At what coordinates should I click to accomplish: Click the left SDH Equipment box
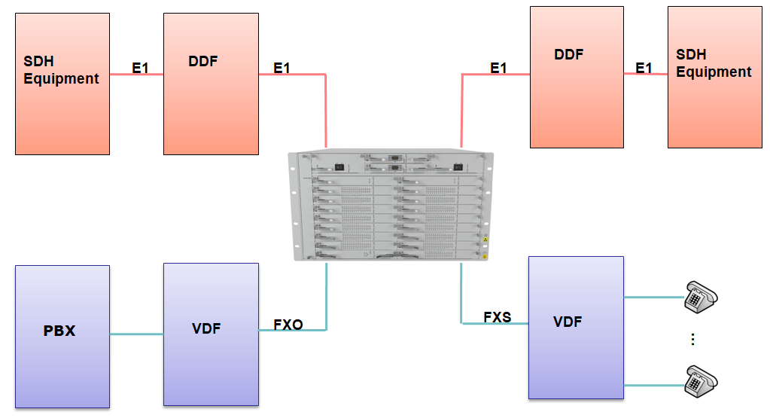62,83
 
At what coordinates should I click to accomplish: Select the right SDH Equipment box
714,78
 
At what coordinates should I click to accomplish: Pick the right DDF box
577,77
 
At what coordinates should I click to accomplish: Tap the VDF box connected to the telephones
576,327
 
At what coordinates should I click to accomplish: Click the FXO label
288,325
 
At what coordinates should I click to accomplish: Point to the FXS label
497,317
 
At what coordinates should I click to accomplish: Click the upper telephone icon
701,296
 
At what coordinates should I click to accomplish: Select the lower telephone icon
701,380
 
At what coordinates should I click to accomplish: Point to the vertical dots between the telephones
692,340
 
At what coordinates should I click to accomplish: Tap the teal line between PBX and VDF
137,334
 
